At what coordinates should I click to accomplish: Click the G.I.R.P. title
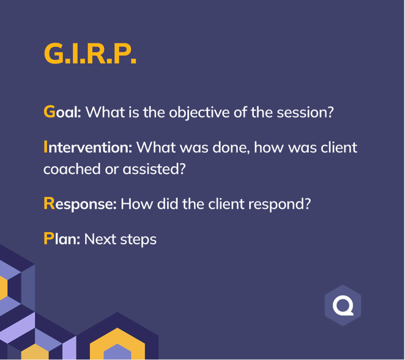[x=90, y=53]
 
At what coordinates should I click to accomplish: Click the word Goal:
[x=62, y=112]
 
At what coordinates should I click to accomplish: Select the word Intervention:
[x=88, y=147]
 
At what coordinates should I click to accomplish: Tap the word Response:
[x=80, y=204]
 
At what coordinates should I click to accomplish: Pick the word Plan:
[x=62, y=238]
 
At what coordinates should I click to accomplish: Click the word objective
[x=199, y=112]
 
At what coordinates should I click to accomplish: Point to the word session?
[x=305, y=112]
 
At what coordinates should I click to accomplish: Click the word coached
[x=72, y=169]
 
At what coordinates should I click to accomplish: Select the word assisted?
[x=154, y=169]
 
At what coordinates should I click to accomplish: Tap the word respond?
[x=280, y=205]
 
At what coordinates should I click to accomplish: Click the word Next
[x=100, y=239]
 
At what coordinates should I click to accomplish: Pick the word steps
[x=138, y=240]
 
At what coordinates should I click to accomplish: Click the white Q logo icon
[x=343, y=306]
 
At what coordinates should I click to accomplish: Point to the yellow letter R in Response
[x=49, y=203]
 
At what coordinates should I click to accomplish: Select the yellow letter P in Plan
[x=49, y=238]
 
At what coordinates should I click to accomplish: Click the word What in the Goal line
[x=105, y=112]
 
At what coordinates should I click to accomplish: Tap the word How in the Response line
[x=137, y=204]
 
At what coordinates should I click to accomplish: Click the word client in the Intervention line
[x=339, y=147]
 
